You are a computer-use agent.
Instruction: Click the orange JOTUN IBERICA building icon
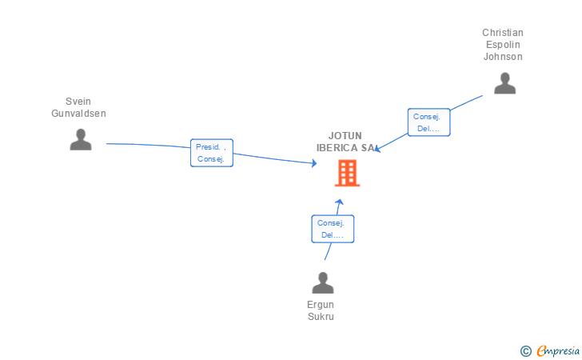(x=347, y=173)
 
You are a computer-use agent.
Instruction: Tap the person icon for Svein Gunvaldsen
(x=81, y=139)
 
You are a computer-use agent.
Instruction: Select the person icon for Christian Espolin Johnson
(x=504, y=83)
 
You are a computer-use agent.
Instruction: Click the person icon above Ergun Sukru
(x=322, y=282)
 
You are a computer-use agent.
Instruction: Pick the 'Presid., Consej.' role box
(x=212, y=153)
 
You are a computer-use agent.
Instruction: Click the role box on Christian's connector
(x=429, y=122)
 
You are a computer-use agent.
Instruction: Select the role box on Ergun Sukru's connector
(x=332, y=229)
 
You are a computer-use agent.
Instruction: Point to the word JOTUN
(x=345, y=136)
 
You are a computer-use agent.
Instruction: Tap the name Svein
(x=78, y=102)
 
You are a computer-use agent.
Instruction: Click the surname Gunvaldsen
(x=78, y=114)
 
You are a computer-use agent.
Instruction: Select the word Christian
(x=502, y=33)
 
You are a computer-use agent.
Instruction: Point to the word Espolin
(x=502, y=45)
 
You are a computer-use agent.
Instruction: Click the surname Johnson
(x=502, y=57)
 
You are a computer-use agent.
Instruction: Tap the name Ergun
(x=321, y=305)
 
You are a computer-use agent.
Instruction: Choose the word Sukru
(x=321, y=317)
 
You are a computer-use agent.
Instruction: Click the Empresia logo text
(x=558, y=350)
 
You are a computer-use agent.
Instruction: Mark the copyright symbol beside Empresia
(x=525, y=350)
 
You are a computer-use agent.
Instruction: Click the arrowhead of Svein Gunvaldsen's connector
(x=315, y=163)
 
